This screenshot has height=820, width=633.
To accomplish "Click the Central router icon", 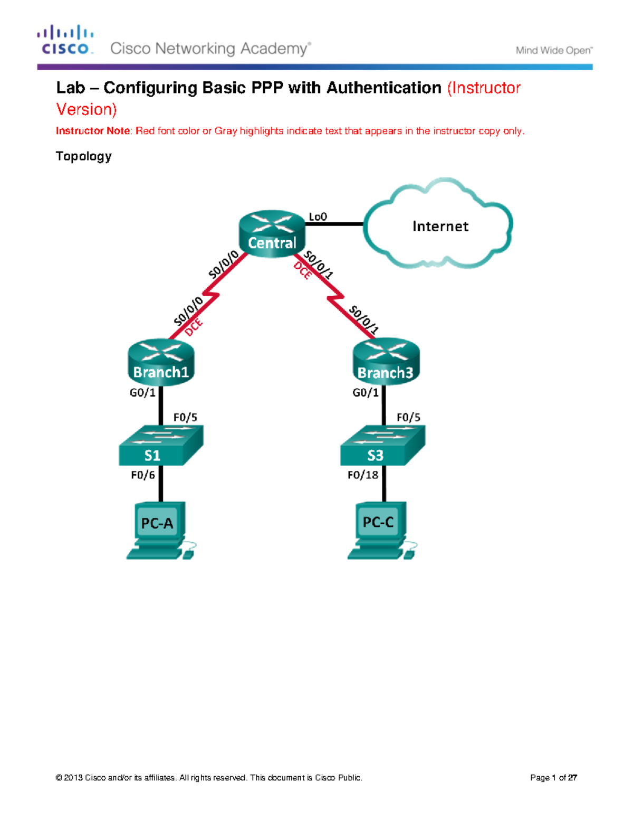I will click(x=272, y=234).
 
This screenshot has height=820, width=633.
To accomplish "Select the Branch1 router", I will click(x=161, y=363).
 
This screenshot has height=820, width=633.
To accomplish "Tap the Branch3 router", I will click(x=386, y=362).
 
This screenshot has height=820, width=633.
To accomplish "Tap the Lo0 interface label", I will click(x=318, y=216).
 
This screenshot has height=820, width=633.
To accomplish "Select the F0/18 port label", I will click(x=362, y=475).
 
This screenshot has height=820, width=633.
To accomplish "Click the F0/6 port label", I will click(x=142, y=475).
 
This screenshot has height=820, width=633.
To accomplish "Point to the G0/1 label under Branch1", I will click(x=142, y=392).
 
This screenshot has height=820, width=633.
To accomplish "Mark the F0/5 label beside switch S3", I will click(x=408, y=417).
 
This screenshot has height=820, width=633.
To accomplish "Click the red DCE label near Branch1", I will click(x=194, y=327).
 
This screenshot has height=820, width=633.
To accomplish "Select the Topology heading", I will click(x=83, y=156).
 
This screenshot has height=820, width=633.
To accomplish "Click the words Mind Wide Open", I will click(x=553, y=50).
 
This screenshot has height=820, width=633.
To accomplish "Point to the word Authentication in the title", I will click(x=383, y=88).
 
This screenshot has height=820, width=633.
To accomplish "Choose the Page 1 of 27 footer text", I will click(x=553, y=777).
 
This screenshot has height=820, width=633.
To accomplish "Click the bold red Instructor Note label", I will click(x=93, y=131).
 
